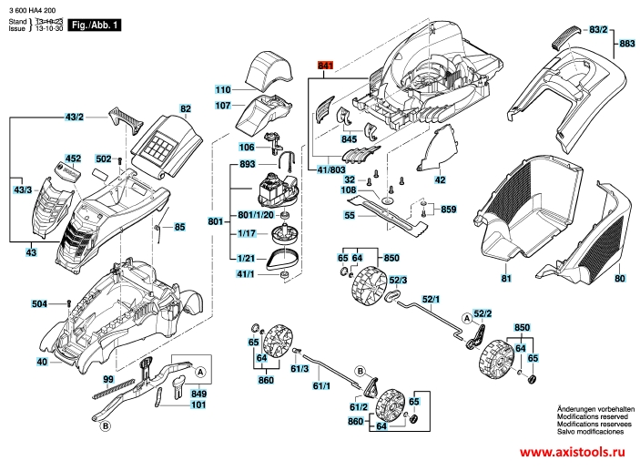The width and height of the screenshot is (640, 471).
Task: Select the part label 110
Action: click(x=223, y=90)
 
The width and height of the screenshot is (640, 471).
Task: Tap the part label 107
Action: click(x=223, y=106)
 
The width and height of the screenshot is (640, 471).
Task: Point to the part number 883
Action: click(x=627, y=43)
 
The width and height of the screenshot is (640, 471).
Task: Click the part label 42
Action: click(x=440, y=180)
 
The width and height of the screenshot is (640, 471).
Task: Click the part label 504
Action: click(x=40, y=303)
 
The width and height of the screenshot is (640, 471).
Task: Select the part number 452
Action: click(x=73, y=159)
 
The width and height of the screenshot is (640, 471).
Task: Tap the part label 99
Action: click(x=107, y=378)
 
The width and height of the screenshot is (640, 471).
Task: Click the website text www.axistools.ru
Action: click(x=576, y=453)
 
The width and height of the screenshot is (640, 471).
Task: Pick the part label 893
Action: click(x=220, y=164)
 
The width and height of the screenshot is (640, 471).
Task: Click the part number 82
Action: click(x=186, y=109)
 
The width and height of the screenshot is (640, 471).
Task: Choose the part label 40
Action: click(x=41, y=363)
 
